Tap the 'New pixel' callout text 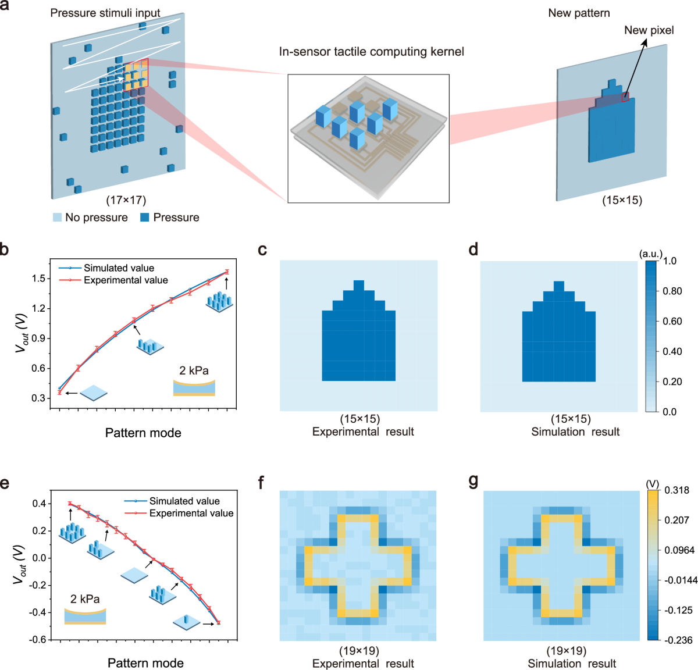649,30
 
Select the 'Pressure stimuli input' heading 105,13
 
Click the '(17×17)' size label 126,200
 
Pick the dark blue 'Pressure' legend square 145,218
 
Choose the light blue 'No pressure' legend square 57,218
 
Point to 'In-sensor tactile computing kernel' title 371,52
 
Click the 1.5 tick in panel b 38,279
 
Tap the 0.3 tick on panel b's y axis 38,398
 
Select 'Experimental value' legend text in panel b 126,280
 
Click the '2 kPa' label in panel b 194,370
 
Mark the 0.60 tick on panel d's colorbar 672,321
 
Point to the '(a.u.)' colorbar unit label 650,254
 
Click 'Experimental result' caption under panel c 363,432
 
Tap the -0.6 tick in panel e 38,639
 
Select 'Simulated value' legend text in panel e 184,501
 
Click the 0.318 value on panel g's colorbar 676,490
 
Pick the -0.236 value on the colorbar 678,640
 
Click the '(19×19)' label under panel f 359,651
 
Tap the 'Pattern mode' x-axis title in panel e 145,663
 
